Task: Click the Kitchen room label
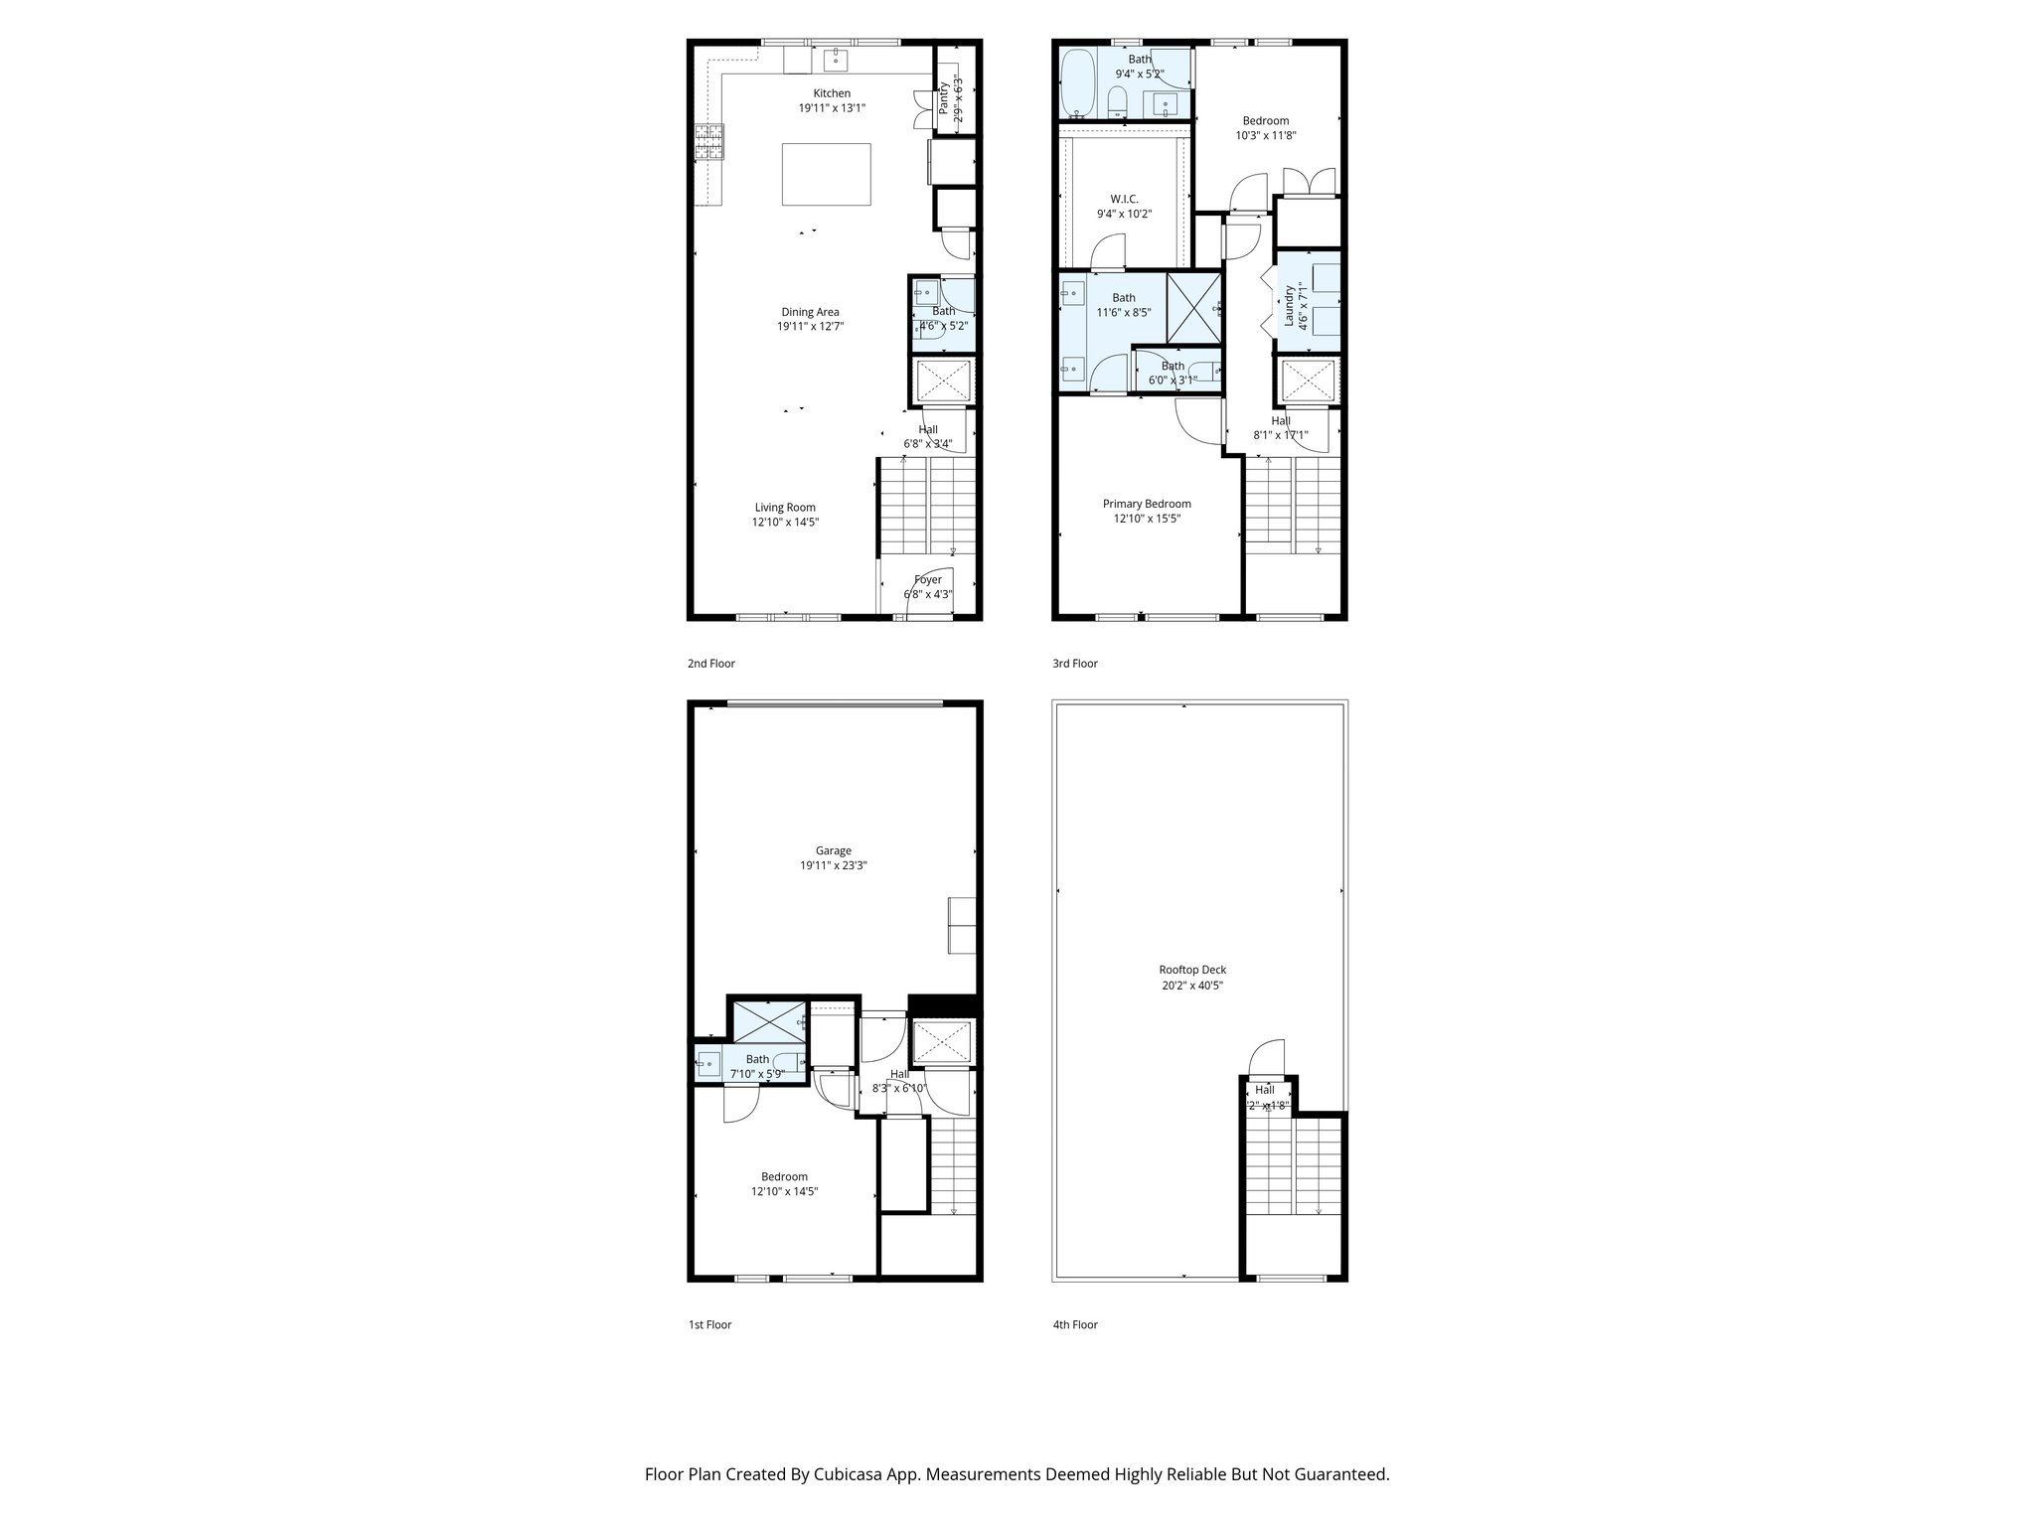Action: click(x=832, y=93)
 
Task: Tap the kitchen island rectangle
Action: click(x=826, y=174)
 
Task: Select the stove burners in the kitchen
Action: click(x=708, y=141)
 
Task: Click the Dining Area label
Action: click(x=810, y=312)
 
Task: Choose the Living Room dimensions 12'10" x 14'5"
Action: click(x=785, y=522)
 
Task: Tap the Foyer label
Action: click(x=927, y=579)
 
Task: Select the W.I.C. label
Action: click(x=1124, y=199)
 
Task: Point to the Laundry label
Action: click(x=1290, y=305)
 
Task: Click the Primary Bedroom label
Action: click(x=1147, y=504)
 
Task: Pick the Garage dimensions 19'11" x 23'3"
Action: click(x=833, y=865)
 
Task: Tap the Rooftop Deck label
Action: click(x=1192, y=970)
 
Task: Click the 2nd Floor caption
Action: click(x=711, y=664)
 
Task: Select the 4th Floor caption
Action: click(x=1075, y=1324)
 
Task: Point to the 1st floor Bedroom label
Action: click(x=784, y=1177)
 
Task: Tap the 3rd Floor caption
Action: click(x=1075, y=664)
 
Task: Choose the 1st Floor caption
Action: click(x=709, y=1324)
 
